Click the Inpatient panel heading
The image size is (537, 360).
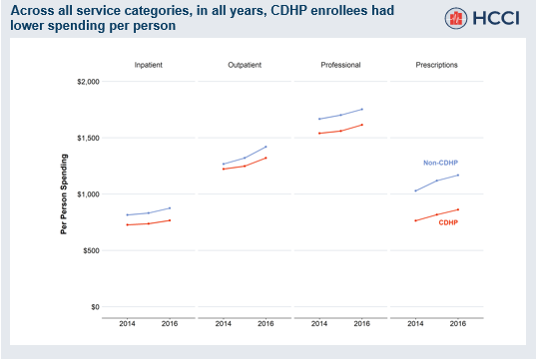tap(148, 65)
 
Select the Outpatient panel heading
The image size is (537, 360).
tap(244, 65)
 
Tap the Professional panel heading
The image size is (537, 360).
tap(340, 65)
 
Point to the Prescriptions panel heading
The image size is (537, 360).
tap(436, 65)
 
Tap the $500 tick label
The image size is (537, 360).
tap(91, 250)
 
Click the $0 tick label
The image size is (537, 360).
tap(95, 307)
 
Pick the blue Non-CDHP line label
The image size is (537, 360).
tap(440, 163)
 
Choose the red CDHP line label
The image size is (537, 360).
tap(448, 222)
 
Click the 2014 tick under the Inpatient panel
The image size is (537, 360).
tap(128, 324)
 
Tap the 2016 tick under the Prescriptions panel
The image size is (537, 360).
tap(458, 324)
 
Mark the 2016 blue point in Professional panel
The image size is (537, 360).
tap(361, 109)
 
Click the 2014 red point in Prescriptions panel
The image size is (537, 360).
tap(415, 220)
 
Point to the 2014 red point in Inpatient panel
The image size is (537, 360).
tap(128, 224)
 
